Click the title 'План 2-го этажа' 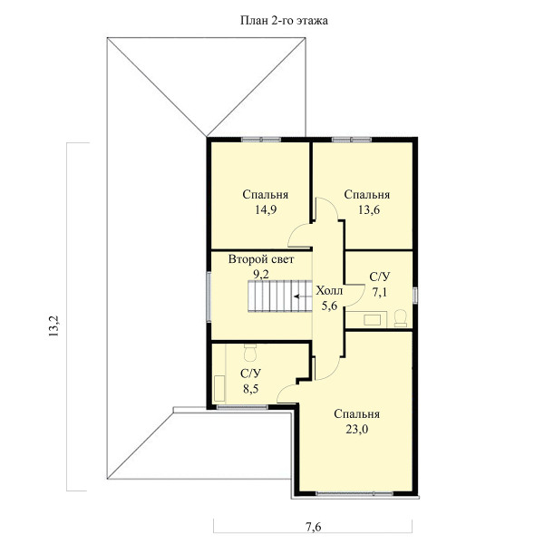point(284,21)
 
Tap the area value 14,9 point(266,209)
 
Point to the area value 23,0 point(356,429)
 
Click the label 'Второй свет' point(261,259)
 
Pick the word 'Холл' point(329,291)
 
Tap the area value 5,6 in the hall point(329,306)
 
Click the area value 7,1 point(380,292)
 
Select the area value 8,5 point(250,389)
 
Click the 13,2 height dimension point(54,326)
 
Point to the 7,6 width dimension point(314,527)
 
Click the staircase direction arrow point(303,296)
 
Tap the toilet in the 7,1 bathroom point(401,318)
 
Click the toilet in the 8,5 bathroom point(250,353)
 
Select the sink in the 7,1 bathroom point(372,319)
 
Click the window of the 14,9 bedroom point(261,140)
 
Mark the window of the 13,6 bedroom point(352,140)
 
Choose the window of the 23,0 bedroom point(355,493)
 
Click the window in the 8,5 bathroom point(242,407)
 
